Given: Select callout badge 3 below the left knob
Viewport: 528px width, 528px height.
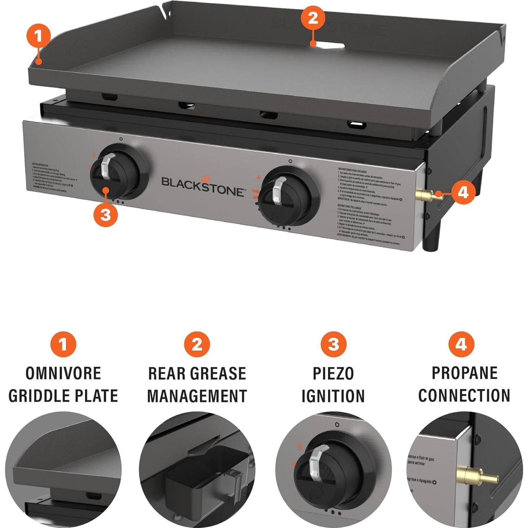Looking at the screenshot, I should click(x=106, y=214).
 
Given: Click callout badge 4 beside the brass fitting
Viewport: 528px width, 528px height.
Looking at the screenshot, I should click(x=463, y=193).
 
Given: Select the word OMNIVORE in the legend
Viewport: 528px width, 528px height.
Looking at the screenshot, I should click(x=63, y=374).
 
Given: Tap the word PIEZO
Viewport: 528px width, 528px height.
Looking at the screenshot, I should click(x=333, y=374).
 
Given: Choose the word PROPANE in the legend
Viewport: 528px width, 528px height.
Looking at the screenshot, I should click(x=465, y=373).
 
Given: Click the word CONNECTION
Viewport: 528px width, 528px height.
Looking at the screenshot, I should click(x=464, y=395).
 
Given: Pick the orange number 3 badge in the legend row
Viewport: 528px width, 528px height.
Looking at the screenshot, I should click(x=333, y=344).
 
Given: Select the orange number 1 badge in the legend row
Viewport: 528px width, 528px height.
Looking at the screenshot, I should click(x=63, y=344).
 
